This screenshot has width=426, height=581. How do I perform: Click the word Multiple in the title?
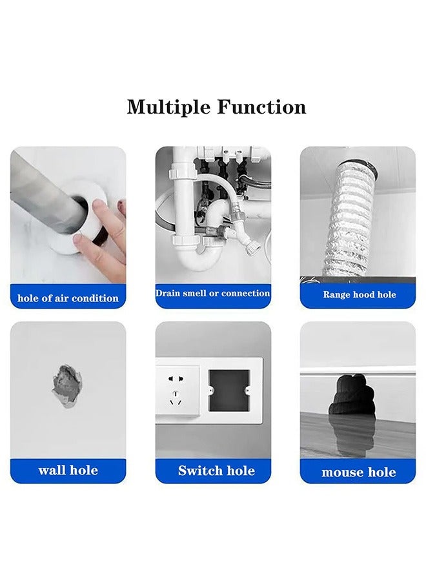tap(169, 107)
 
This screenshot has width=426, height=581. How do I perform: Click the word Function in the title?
tap(261, 107)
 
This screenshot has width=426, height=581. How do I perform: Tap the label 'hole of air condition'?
tap(68, 298)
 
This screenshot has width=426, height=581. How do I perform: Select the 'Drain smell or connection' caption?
tap(212, 293)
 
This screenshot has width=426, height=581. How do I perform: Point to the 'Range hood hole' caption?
tap(360, 294)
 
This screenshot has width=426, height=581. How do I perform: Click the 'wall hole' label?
tap(68, 470)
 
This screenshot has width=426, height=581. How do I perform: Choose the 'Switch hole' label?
tap(216, 471)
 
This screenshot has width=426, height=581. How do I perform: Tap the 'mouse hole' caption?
tap(359, 472)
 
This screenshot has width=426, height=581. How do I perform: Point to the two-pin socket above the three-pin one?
tap(176, 379)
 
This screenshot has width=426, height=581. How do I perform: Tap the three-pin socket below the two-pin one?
tap(176, 398)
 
